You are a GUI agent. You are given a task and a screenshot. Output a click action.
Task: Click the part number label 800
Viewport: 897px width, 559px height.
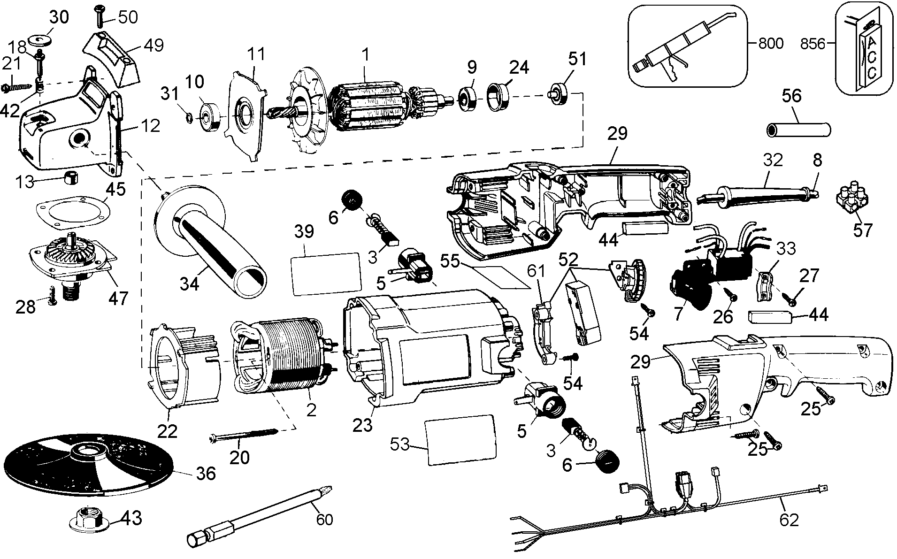(770, 44)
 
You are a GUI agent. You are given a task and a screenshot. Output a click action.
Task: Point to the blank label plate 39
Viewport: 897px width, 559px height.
(326, 274)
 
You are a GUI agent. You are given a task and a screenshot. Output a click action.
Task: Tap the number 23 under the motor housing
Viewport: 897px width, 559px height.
(362, 425)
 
